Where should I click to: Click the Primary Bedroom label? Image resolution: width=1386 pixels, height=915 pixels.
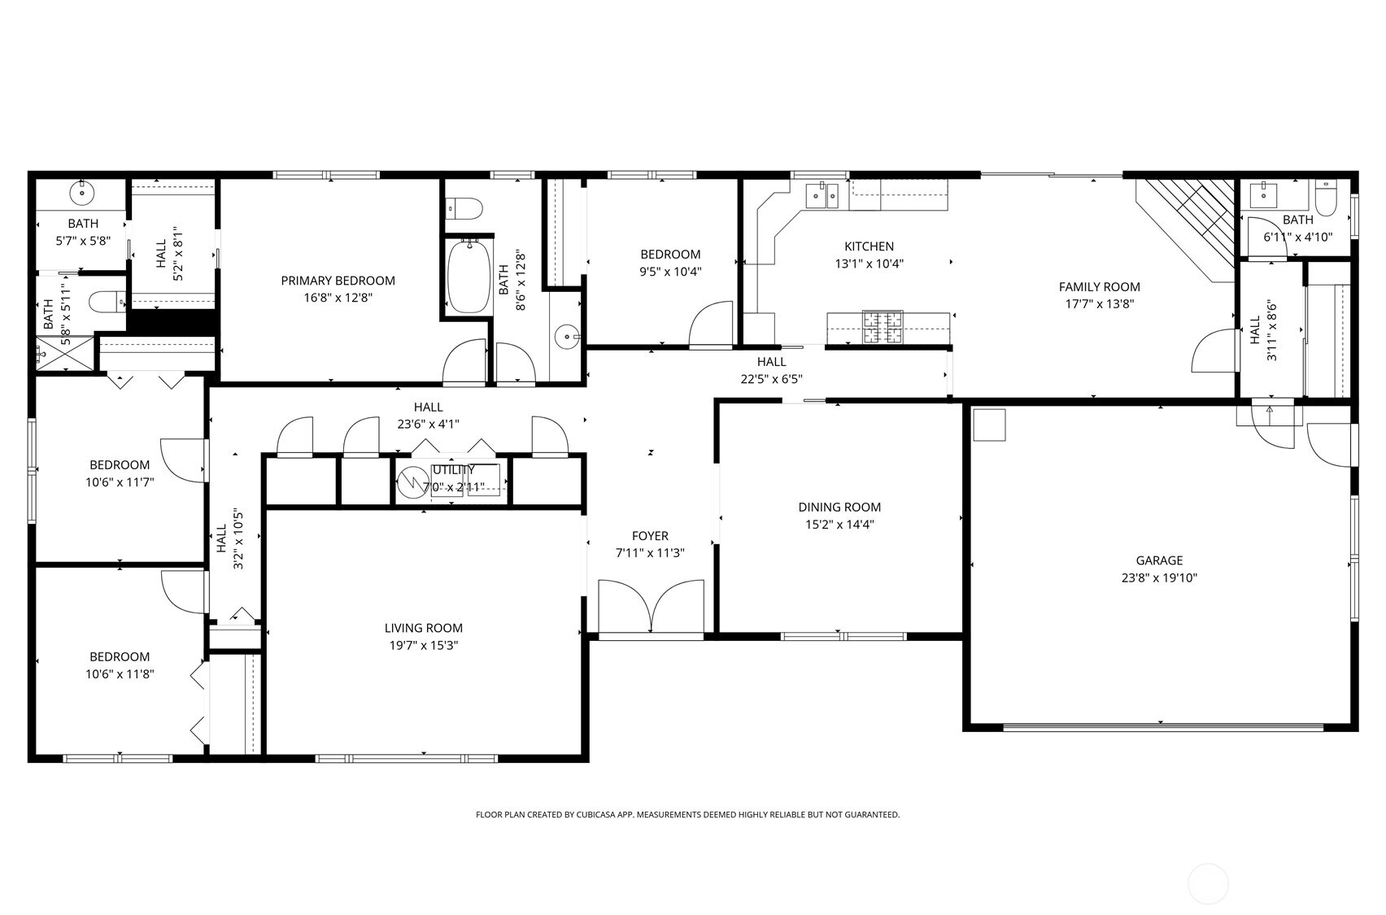338,281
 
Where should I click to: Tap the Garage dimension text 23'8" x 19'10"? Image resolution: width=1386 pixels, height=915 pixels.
1159,577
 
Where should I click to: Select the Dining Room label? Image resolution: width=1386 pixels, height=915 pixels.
839,508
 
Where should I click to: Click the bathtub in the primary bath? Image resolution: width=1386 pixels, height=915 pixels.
469,277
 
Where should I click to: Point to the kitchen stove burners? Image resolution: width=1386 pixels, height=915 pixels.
883,327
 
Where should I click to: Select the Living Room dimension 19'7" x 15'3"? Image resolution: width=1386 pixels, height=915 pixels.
423,645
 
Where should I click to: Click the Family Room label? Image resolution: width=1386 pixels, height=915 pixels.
1099,287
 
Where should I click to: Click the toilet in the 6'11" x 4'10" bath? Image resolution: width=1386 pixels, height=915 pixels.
1326,197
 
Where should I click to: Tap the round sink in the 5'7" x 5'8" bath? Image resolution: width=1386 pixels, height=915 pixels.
81,193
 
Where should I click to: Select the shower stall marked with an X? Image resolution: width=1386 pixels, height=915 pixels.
64,353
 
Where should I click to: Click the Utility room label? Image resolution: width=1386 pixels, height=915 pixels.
454,470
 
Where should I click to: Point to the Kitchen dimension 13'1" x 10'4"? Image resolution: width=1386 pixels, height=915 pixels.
869,264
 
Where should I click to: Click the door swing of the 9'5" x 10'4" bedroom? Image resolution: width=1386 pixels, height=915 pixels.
711,325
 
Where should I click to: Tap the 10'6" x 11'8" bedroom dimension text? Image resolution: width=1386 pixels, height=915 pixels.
120,673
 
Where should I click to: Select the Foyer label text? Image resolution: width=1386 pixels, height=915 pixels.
650,536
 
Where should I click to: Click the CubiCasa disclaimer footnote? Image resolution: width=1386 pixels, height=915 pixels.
687,815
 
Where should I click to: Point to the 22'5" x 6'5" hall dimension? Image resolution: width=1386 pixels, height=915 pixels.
772,379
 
